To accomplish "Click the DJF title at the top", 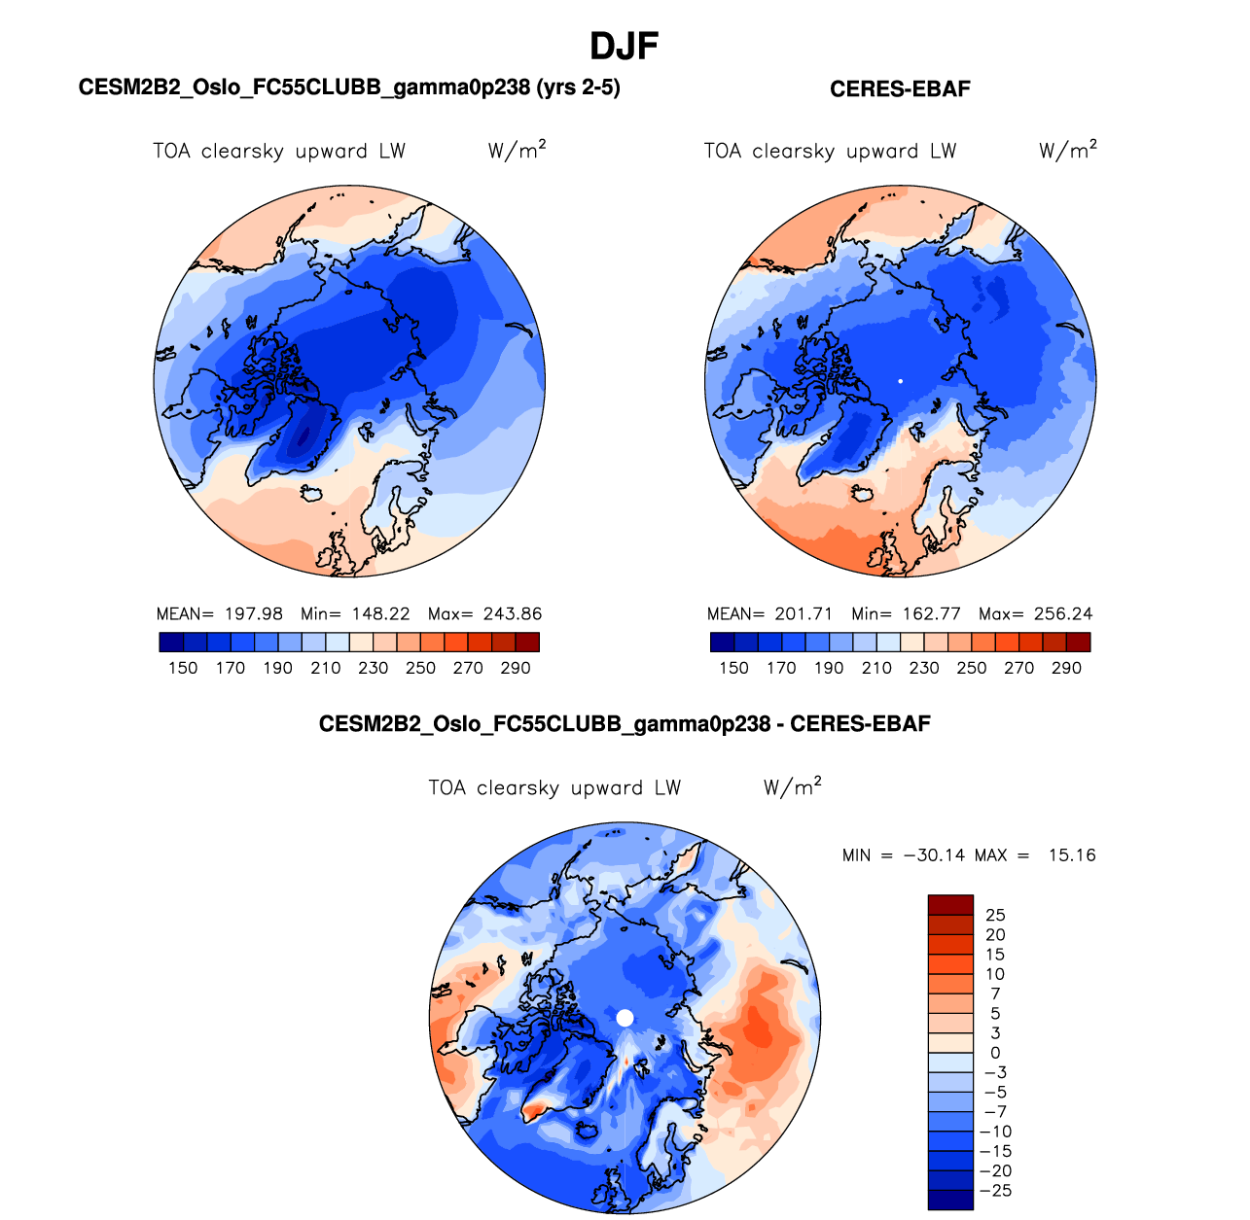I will click(625, 46).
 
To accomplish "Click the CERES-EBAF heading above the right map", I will click(900, 89).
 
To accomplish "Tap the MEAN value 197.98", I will click(254, 614).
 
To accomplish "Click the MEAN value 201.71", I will click(804, 614).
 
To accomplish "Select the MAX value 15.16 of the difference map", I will click(1071, 855).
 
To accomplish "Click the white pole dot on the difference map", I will click(625, 1018).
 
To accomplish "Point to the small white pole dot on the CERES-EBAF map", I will click(901, 381).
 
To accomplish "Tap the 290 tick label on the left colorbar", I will click(516, 669).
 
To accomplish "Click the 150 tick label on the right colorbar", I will click(733, 669).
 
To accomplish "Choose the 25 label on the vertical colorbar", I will click(995, 915).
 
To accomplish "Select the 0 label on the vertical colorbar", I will click(995, 1053).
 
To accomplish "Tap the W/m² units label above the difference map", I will click(793, 787).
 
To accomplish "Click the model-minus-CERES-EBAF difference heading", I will click(625, 724).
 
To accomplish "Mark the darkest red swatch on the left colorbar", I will click(527, 642).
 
